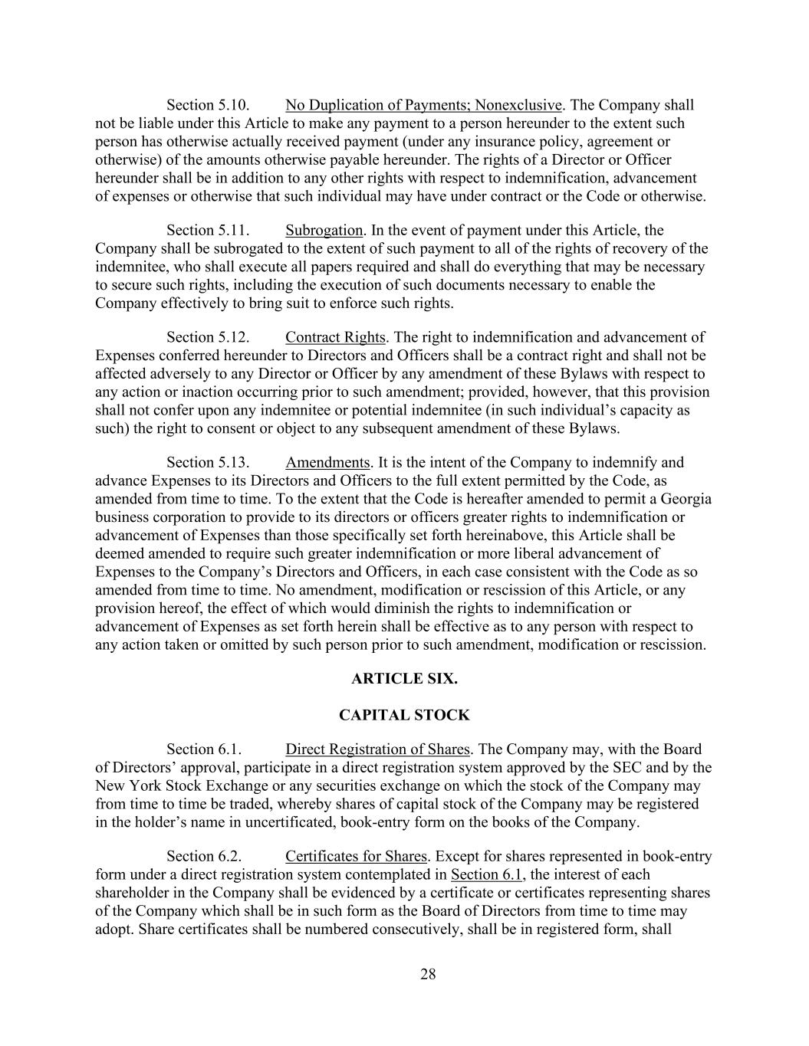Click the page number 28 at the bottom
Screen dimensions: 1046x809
pyautogui.click(x=428, y=974)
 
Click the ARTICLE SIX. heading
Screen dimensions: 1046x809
pyautogui.click(x=404, y=678)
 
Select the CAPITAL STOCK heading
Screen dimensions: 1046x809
pyautogui.click(x=404, y=715)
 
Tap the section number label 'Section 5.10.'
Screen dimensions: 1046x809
pyautogui.click(x=208, y=105)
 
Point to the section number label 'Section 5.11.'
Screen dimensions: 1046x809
pyautogui.click(x=208, y=230)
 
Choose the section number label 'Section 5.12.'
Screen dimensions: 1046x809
pyautogui.click(x=208, y=337)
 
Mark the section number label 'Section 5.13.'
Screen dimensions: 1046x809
pyautogui.click(x=208, y=462)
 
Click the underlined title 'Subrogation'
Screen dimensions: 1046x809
pyautogui.click(x=324, y=230)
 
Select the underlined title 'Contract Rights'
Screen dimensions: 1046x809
pyautogui.click(x=335, y=337)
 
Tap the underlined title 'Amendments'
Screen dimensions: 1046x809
pyautogui.click(x=327, y=462)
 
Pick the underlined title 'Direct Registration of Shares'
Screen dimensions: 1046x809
pyautogui.click(x=377, y=749)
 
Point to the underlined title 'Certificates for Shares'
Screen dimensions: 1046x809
pyautogui.click(x=356, y=856)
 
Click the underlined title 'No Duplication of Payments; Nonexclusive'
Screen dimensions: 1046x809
pyautogui.click(x=424, y=105)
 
